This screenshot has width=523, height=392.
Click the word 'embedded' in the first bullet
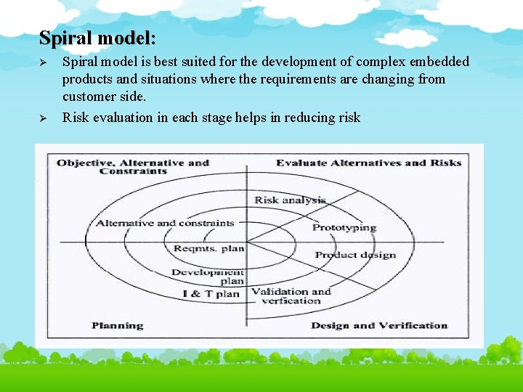click(x=439, y=62)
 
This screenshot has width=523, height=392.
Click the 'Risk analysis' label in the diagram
click(x=290, y=200)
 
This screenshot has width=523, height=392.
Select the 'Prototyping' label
click(x=344, y=227)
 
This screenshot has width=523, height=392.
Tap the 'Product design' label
click(x=355, y=255)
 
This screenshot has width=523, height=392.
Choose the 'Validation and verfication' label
click(x=290, y=295)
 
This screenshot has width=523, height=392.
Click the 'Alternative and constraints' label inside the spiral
click(x=165, y=223)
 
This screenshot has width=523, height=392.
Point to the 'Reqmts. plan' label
click(x=208, y=248)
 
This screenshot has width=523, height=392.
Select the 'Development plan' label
click(x=208, y=277)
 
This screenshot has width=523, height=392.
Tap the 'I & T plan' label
click(x=211, y=294)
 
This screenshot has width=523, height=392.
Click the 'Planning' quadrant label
click(x=117, y=325)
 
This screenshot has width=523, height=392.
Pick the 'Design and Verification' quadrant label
click(x=379, y=325)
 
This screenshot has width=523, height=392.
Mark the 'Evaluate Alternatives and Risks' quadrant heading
click(x=368, y=163)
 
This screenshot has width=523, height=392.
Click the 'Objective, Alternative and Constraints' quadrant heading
click(x=132, y=166)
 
